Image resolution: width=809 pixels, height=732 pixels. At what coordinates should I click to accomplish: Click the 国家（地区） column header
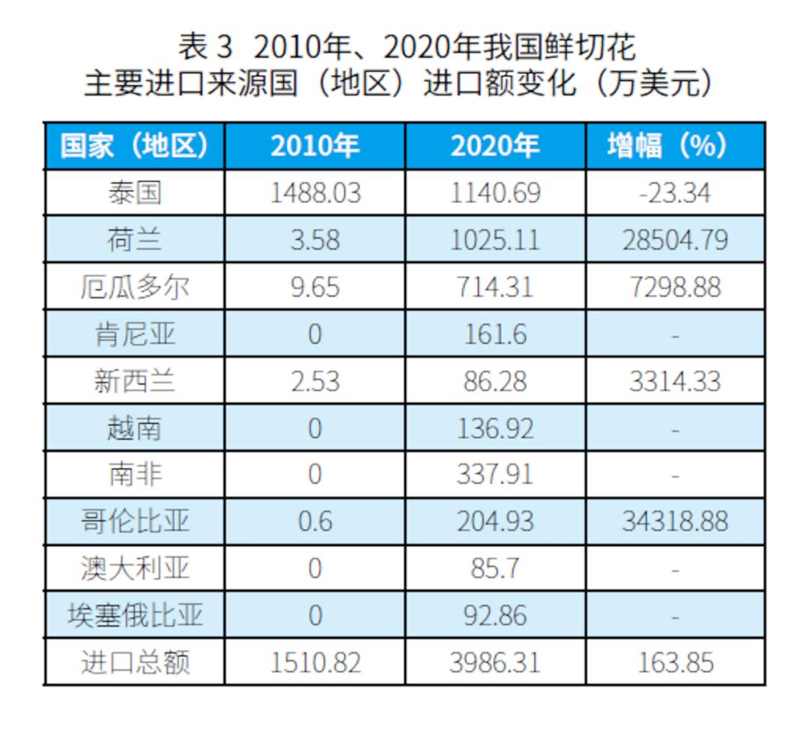point(134,146)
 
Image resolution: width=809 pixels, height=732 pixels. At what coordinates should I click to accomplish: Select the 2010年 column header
point(315,146)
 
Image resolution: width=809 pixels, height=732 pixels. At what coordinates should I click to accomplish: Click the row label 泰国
point(134,193)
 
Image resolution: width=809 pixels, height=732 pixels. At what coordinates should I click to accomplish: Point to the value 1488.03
point(315,193)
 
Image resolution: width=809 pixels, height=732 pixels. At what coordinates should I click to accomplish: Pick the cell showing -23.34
point(675,193)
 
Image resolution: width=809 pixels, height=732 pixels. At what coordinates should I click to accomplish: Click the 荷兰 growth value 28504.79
point(675,240)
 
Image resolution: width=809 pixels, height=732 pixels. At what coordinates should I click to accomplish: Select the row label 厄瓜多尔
point(134,287)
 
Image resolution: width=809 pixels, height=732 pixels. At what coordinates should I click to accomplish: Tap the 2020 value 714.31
point(495,287)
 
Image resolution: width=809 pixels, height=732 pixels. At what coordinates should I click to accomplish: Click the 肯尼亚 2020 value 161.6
point(495,334)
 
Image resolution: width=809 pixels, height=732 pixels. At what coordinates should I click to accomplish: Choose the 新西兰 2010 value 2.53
point(315,381)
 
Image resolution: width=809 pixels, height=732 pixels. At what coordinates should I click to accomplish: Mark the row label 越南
point(134,428)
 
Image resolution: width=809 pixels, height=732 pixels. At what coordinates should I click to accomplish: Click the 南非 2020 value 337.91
point(495,474)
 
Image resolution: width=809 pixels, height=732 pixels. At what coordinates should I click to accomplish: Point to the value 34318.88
point(675,521)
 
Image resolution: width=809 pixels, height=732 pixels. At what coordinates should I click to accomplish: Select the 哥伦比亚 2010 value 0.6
point(315,521)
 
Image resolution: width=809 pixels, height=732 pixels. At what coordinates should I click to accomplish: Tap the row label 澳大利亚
point(134,569)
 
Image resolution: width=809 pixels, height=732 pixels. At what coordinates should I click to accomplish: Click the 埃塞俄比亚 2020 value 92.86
point(495,615)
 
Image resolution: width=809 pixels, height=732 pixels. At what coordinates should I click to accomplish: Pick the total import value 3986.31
point(495,662)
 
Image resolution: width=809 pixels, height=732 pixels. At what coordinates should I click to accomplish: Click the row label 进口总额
point(134,662)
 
